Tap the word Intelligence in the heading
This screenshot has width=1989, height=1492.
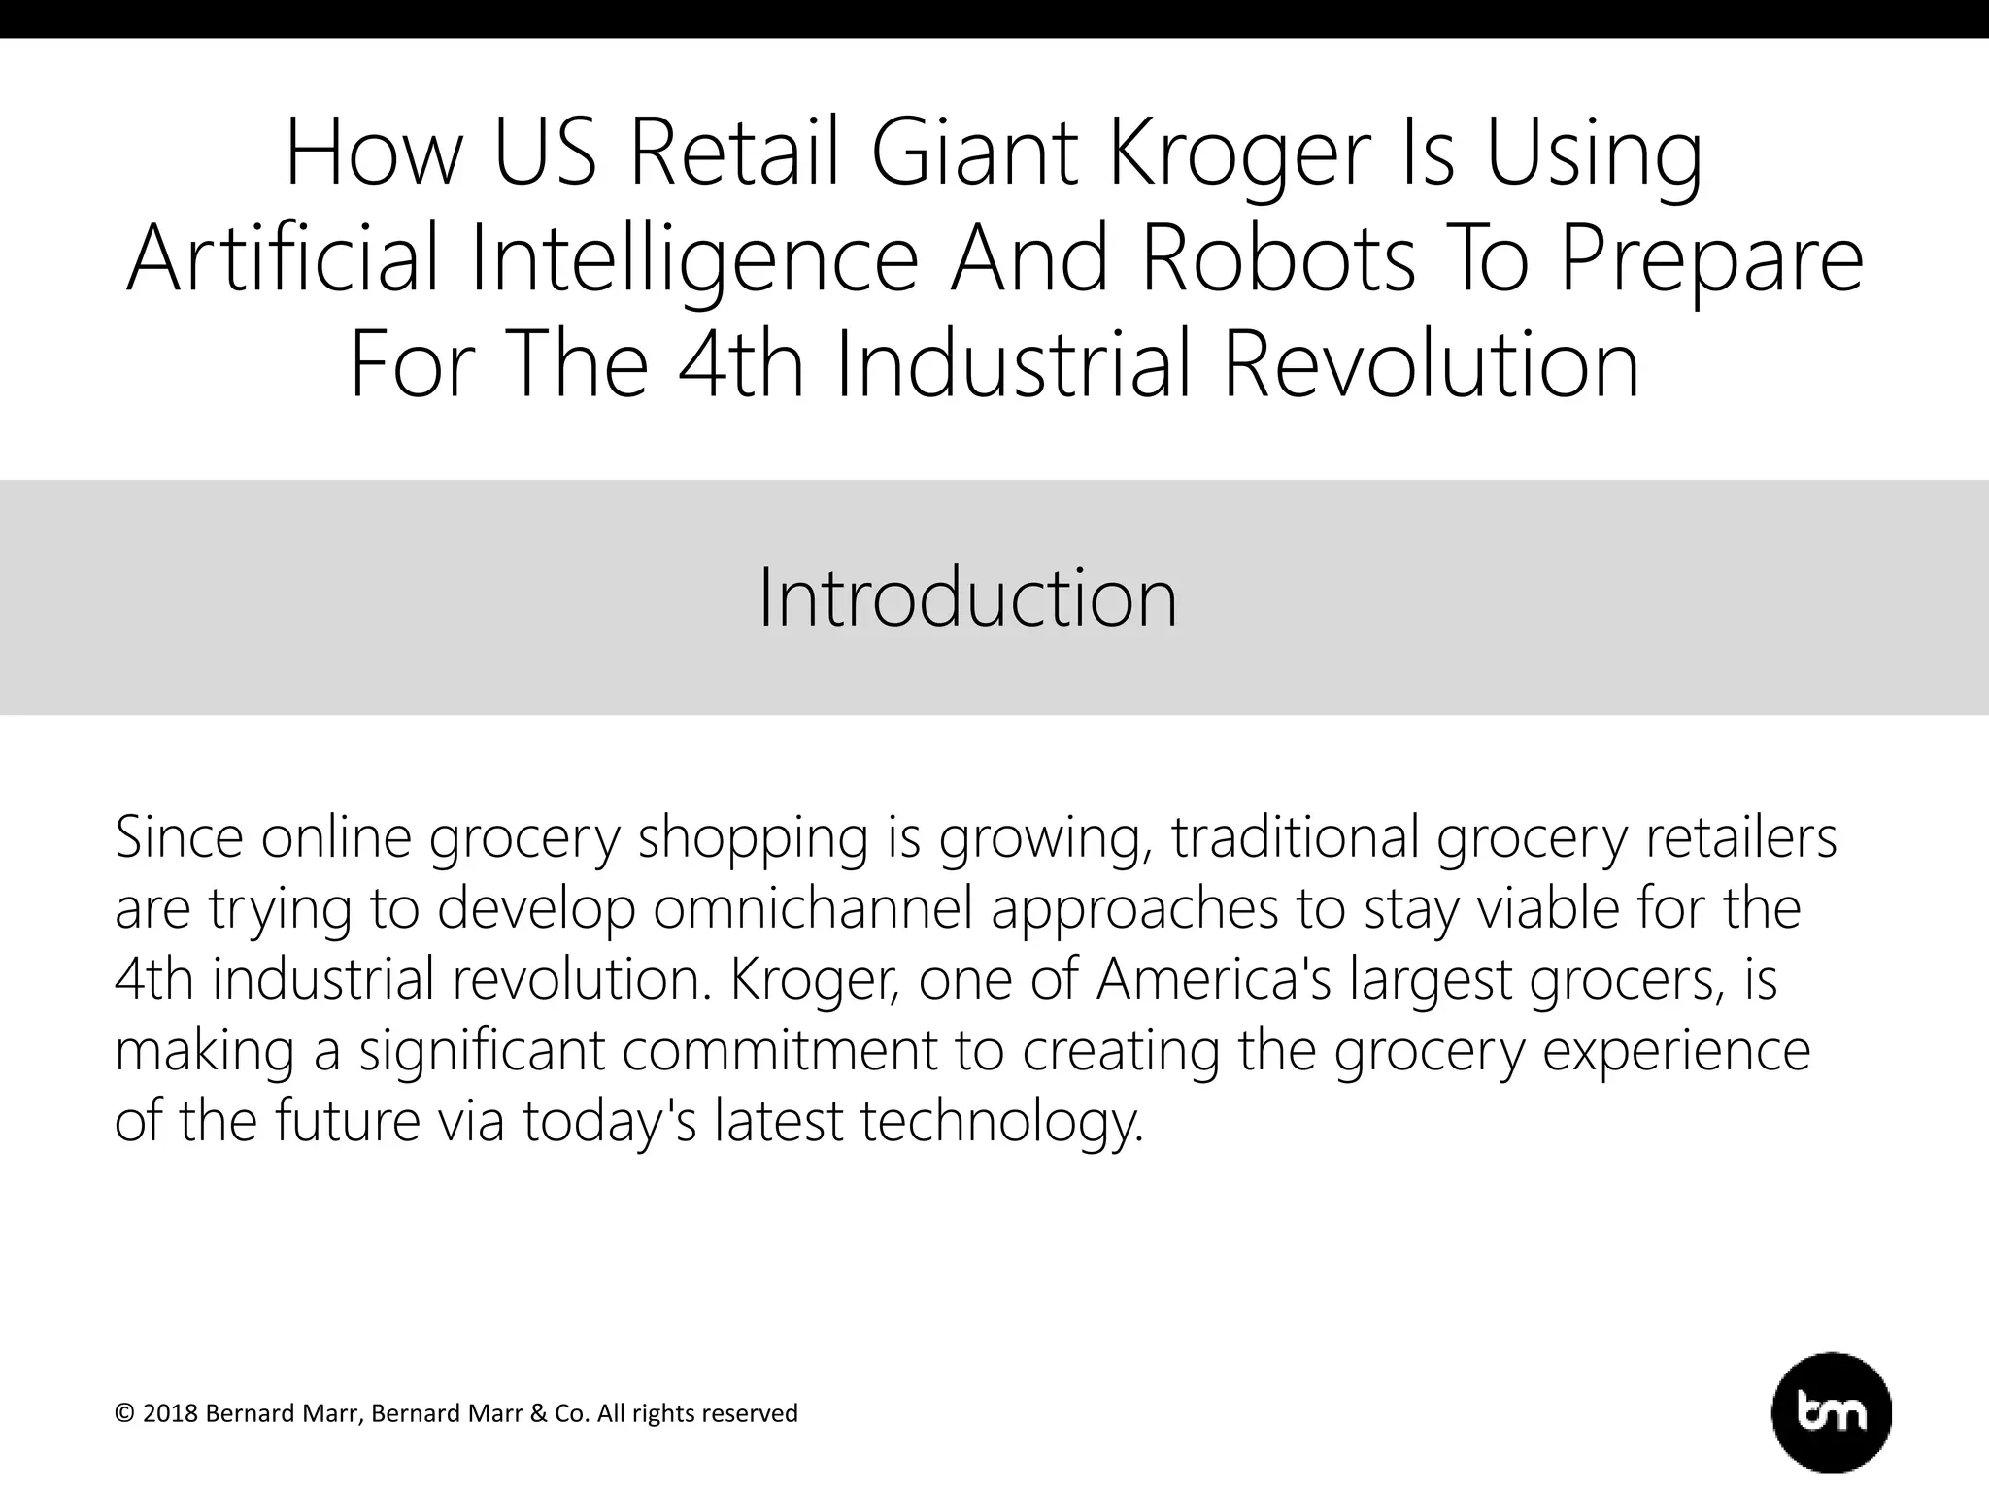[x=694, y=259]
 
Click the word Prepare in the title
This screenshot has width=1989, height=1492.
[x=1711, y=259]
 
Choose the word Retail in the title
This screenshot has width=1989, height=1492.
[x=734, y=155]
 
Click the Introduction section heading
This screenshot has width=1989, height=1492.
[x=967, y=597]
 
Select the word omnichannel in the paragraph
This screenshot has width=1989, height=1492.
[x=812, y=908]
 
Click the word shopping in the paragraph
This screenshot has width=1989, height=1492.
[x=753, y=837]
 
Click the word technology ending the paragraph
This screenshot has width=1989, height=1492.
[x=1001, y=1121]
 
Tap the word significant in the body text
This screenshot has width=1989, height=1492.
[x=481, y=1050]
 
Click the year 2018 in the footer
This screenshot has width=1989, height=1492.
[x=170, y=1413]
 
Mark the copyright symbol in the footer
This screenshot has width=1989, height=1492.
[x=124, y=1413]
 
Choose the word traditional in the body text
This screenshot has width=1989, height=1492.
[x=1296, y=837]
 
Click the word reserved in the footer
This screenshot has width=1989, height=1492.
[x=753, y=1413]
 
